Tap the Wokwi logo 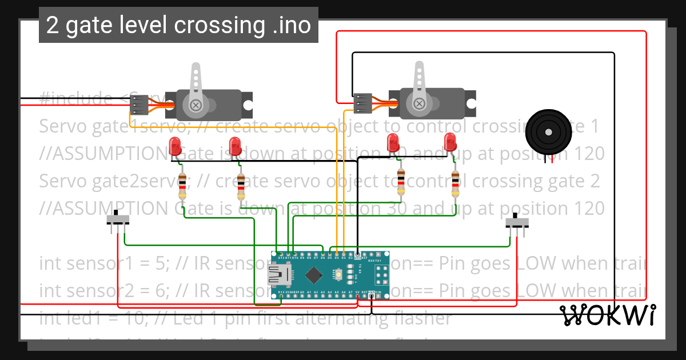608,315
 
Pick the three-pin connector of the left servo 139,105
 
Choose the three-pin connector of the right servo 362,103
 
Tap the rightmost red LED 450,141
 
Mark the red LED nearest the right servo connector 393,141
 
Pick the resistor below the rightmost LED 455,183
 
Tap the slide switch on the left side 118,219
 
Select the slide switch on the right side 517,222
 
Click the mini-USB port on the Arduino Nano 280,277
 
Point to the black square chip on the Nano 314,276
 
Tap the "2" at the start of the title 52,25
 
